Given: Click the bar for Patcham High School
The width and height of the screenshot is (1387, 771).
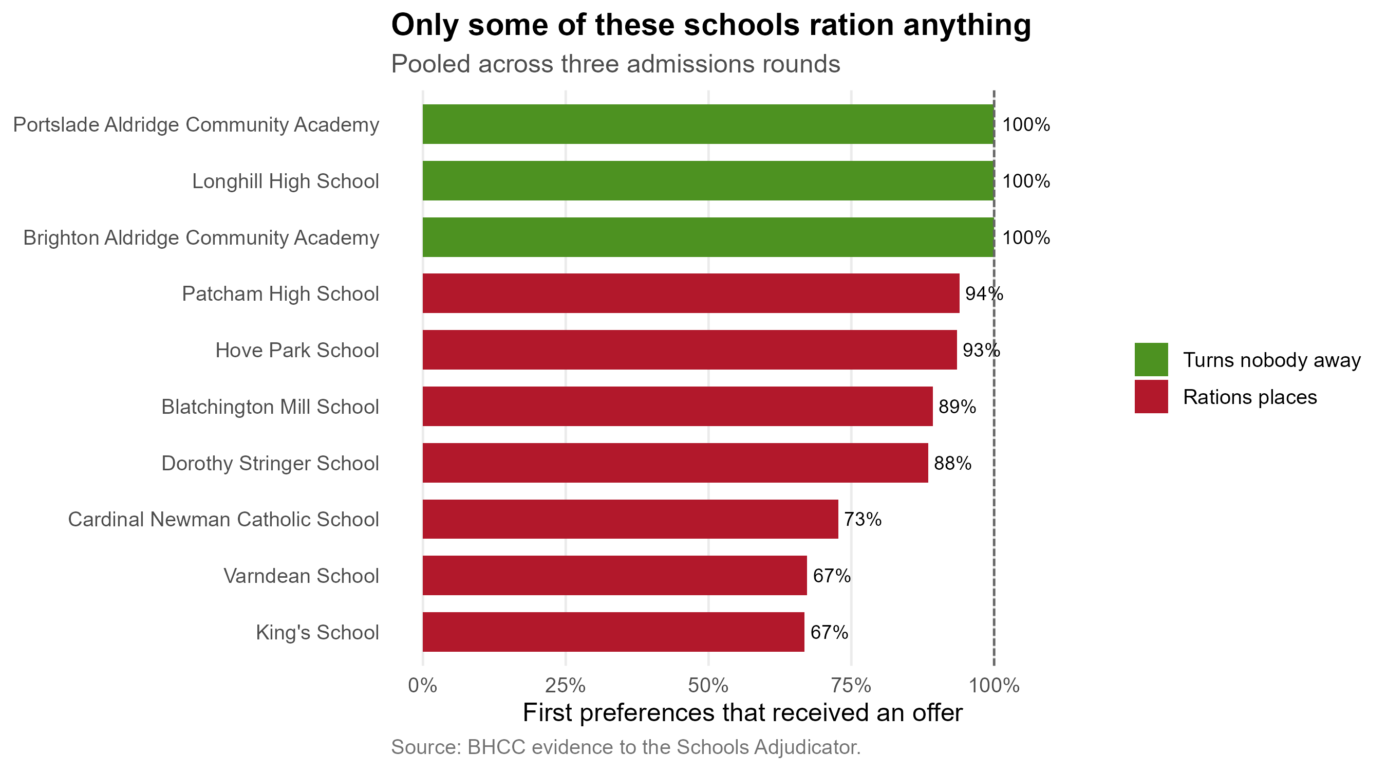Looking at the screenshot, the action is [x=691, y=293].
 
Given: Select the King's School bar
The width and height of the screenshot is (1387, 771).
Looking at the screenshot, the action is [x=613, y=632].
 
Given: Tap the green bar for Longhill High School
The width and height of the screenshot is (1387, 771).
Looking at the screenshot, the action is [x=708, y=180].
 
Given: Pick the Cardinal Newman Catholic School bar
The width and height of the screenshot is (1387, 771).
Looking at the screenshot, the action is [x=630, y=519].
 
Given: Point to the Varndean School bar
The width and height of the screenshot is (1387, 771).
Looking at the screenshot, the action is [x=615, y=575].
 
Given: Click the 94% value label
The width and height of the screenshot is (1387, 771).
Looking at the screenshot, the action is [x=984, y=293].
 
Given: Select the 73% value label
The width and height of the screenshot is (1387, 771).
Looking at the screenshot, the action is [x=863, y=519].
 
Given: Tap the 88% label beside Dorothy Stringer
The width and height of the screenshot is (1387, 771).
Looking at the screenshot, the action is [x=952, y=463].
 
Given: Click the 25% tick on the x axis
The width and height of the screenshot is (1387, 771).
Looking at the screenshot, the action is [x=566, y=686].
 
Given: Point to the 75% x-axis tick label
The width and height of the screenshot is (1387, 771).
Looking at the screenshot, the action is [x=851, y=686].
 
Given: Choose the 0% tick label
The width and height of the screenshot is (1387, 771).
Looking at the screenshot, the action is [x=423, y=686].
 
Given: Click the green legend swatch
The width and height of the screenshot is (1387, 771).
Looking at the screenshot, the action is [x=1151, y=359].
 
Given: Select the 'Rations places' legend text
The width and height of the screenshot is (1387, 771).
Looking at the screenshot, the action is [x=1250, y=397].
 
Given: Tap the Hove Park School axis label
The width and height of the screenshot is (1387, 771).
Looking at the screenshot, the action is [x=297, y=350].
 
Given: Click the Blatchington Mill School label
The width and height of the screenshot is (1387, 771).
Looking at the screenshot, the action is [x=270, y=407].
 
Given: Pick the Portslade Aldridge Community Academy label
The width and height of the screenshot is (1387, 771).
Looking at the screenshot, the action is [x=196, y=124].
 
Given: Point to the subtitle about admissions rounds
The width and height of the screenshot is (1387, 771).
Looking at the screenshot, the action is [x=615, y=64].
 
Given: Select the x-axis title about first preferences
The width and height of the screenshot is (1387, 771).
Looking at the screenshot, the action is [x=742, y=713].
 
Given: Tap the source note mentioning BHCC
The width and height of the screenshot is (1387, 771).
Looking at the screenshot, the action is [x=626, y=747].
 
